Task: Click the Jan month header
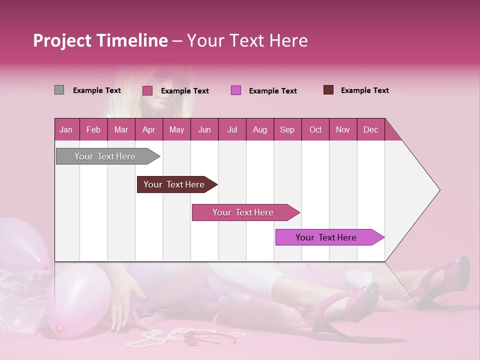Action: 66,130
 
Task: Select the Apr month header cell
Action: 148,130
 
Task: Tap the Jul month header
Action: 232,130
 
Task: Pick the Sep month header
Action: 287,130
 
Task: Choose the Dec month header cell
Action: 370,130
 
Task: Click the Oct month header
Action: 315,130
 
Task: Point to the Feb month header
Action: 93,130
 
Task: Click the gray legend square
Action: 59,90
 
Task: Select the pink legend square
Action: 147,90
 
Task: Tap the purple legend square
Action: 235,90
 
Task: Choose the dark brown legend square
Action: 328,90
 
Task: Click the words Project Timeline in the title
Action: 100,40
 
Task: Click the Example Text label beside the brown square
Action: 364,90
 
